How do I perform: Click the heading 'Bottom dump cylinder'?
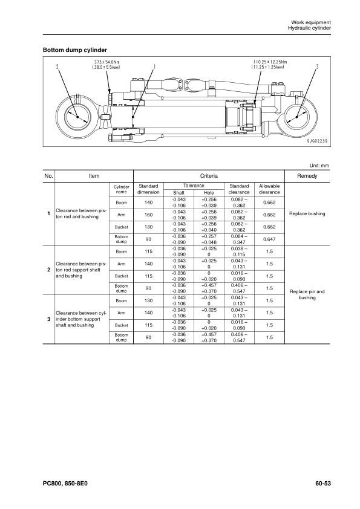(75, 49)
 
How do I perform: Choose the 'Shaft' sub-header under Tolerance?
(178, 192)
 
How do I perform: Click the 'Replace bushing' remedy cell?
(307, 214)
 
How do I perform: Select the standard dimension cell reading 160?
(148, 214)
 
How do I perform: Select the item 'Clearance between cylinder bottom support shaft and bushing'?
(81, 318)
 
